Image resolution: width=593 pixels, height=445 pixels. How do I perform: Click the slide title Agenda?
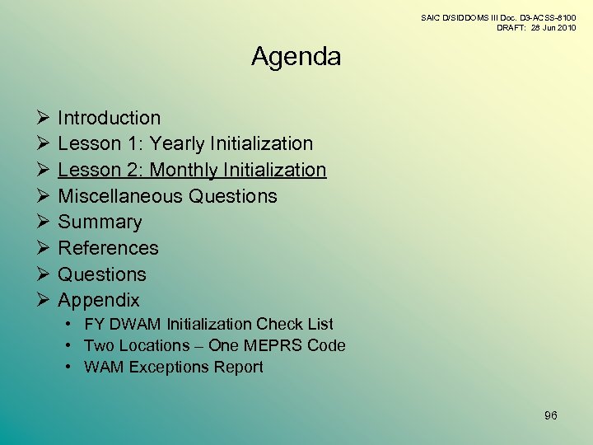[296, 57]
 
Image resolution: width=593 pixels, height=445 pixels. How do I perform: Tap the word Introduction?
[109, 118]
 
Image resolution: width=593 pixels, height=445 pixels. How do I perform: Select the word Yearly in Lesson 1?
[177, 144]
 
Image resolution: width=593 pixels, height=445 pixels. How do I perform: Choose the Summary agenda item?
[100, 222]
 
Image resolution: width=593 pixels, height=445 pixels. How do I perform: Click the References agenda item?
[108, 248]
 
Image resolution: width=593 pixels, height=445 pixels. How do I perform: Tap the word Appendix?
[98, 300]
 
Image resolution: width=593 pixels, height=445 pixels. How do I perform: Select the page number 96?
[551, 415]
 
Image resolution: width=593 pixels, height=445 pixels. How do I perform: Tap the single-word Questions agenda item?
[101, 274]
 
